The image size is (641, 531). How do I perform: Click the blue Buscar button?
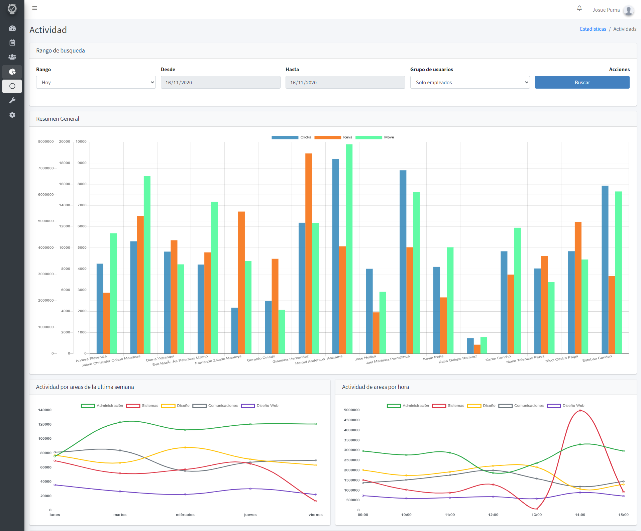pyautogui.click(x=582, y=82)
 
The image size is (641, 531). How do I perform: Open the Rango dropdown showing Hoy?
pyautogui.click(x=96, y=82)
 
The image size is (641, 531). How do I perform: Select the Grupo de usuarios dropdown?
pyautogui.click(x=470, y=82)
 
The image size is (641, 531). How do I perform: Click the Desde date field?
pyautogui.click(x=221, y=82)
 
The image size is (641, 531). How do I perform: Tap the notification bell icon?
pyautogui.click(x=579, y=8)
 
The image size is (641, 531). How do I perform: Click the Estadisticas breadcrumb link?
pyautogui.click(x=593, y=29)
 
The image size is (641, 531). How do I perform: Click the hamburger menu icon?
pyautogui.click(x=34, y=8)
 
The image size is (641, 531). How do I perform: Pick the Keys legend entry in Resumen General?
pyautogui.click(x=333, y=137)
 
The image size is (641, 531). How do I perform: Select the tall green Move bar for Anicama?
pyautogui.click(x=349, y=249)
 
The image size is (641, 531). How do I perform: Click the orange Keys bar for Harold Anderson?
pyautogui.click(x=309, y=253)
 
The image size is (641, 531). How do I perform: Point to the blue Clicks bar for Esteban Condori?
pyautogui.click(x=605, y=270)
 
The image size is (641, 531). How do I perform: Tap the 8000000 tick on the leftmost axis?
pyautogui.click(x=46, y=141)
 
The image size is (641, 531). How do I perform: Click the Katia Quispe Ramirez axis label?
pyautogui.click(x=458, y=359)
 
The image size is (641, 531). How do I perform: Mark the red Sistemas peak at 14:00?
pyautogui.click(x=580, y=411)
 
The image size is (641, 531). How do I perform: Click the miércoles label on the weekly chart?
pyautogui.click(x=185, y=515)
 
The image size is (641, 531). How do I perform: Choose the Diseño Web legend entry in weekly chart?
pyautogui.click(x=260, y=406)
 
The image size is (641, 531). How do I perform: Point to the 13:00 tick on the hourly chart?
pyautogui.click(x=537, y=515)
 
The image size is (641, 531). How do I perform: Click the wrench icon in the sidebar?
pyautogui.click(x=12, y=100)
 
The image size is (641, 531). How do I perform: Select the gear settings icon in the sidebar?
pyautogui.click(x=12, y=115)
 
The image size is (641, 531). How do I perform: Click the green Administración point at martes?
pyautogui.click(x=120, y=422)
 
